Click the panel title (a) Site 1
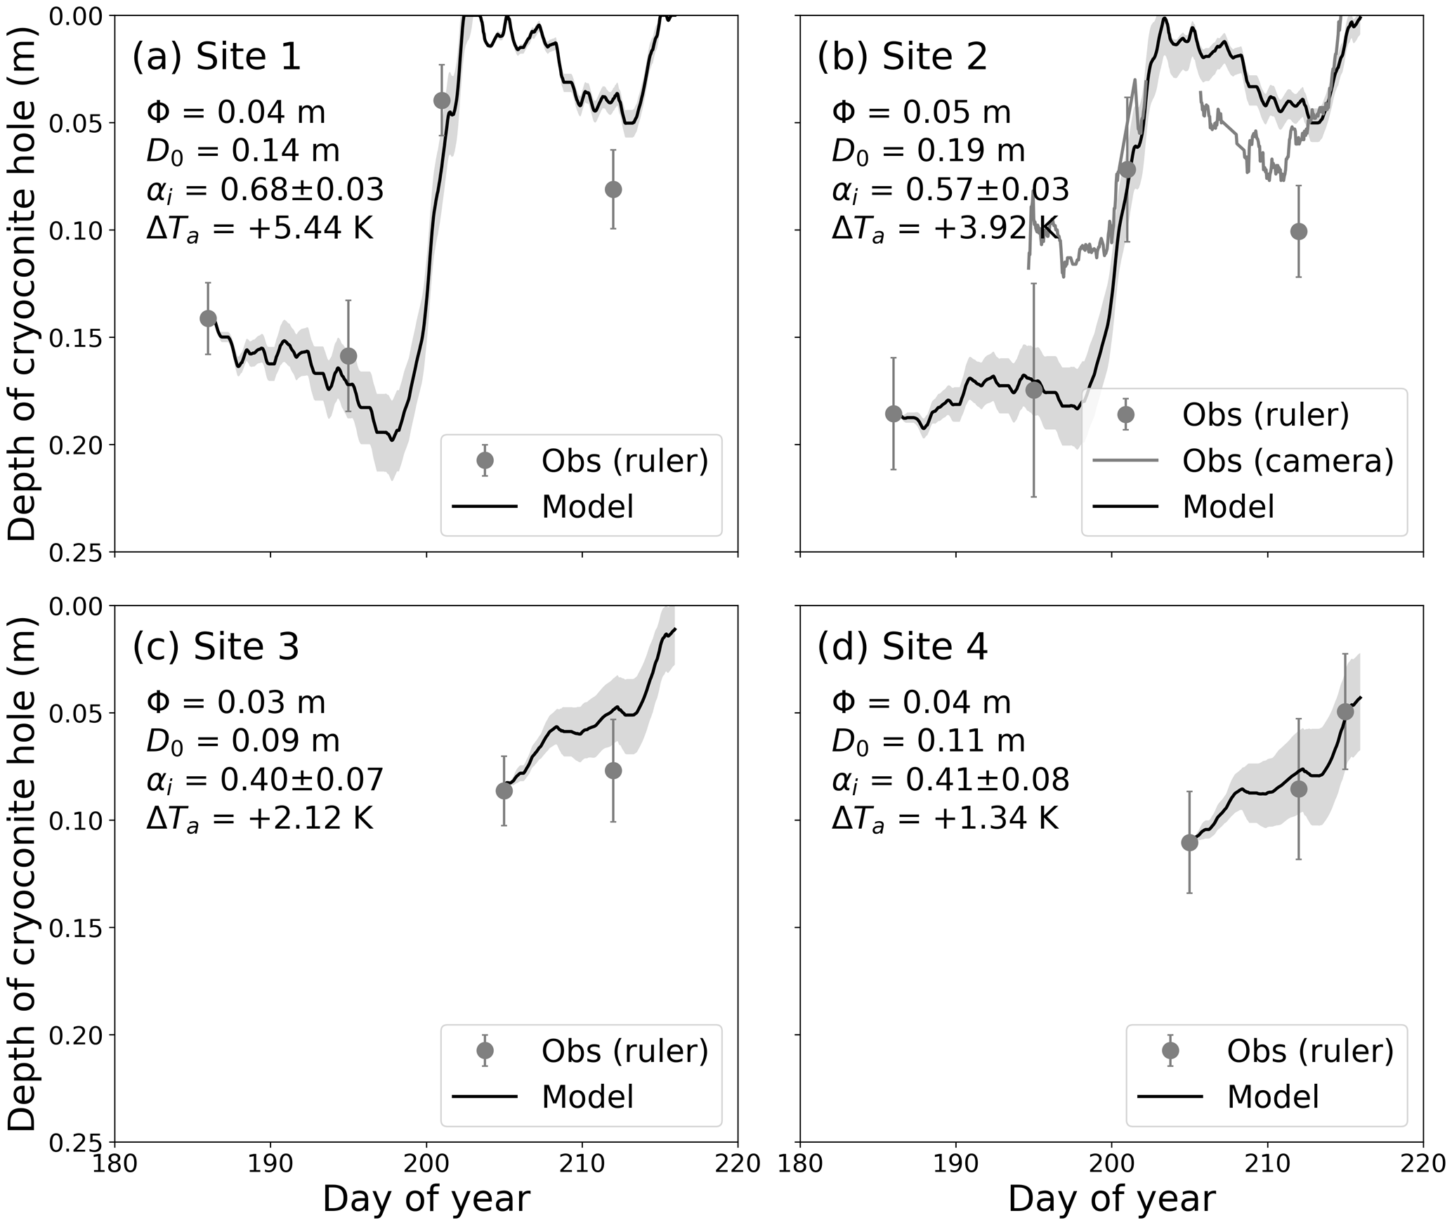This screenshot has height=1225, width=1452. (216, 56)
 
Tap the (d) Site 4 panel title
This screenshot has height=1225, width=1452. (902, 646)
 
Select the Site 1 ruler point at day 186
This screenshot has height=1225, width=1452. (208, 318)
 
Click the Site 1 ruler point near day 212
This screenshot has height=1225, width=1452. (613, 190)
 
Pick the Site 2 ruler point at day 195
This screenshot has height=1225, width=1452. (1034, 390)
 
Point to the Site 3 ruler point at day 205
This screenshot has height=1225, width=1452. (504, 791)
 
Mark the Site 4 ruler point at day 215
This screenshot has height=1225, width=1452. (1345, 712)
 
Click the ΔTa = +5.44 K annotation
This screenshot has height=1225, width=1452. (259, 228)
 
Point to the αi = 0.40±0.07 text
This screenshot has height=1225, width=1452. (265, 780)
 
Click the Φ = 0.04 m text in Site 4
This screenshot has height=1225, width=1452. (921, 702)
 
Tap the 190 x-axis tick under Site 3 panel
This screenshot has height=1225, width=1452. (270, 1164)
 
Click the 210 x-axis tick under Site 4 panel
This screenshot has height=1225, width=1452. (1267, 1164)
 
